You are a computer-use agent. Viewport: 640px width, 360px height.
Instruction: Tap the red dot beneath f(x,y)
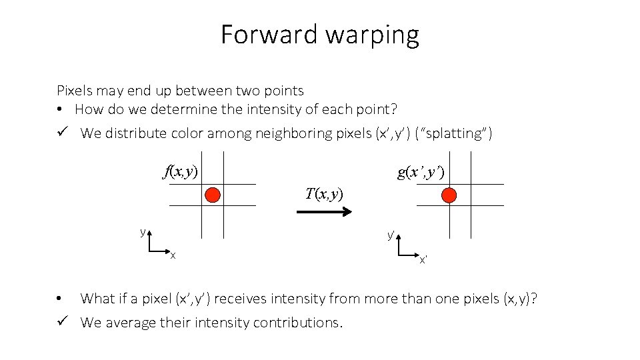click(x=213, y=195)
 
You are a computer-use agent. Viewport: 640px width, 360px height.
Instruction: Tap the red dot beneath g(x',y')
click(x=449, y=195)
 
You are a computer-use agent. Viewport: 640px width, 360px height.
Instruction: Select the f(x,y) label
click(x=181, y=171)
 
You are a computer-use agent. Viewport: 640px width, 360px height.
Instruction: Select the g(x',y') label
click(x=421, y=173)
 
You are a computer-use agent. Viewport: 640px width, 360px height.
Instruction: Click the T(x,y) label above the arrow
click(x=324, y=194)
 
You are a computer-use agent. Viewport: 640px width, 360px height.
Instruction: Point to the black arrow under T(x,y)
click(x=324, y=212)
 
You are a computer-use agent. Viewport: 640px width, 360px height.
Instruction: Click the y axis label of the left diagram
click(x=142, y=232)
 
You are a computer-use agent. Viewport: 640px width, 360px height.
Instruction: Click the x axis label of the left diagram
click(x=173, y=255)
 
